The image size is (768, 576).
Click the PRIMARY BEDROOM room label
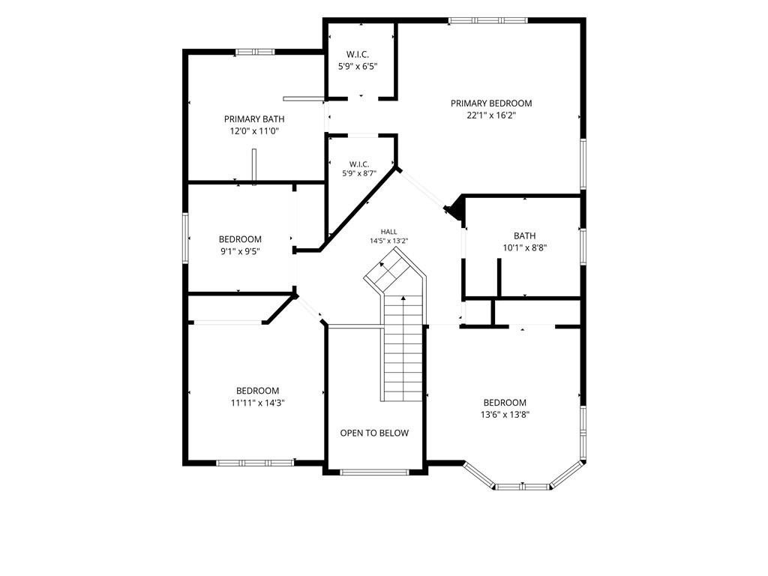(491, 103)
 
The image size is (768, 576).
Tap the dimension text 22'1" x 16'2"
(491, 115)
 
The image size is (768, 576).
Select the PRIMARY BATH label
(254, 119)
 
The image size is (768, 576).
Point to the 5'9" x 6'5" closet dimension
(358, 66)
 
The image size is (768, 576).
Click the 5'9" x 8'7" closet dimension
(359, 173)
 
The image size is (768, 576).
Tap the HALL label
(389, 232)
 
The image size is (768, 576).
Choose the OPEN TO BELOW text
(374, 433)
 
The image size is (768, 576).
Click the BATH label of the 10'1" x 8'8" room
(524, 235)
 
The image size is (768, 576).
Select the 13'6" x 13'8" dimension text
(505, 415)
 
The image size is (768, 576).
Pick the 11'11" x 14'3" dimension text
(258, 403)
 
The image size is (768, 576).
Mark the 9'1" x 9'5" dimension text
(240, 251)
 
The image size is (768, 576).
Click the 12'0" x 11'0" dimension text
(254, 131)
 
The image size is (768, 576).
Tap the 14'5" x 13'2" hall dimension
(389, 241)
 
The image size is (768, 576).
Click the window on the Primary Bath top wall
(255, 52)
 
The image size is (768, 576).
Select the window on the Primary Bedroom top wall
(487, 20)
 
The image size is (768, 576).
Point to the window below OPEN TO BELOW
(374, 472)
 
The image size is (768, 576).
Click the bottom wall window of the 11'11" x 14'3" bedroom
(255, 462)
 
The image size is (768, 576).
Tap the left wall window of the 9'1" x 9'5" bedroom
(186, 238)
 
